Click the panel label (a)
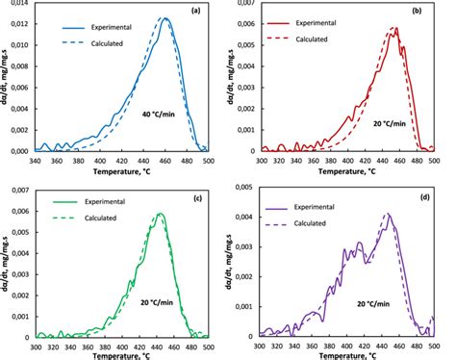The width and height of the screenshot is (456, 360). click(x=195, y=11)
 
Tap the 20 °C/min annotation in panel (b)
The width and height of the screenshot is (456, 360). click(x=391, y=123)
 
